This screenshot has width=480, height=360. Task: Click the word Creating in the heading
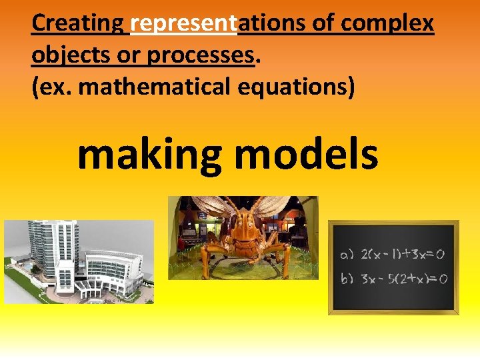(77, 23)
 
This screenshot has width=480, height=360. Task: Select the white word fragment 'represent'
(184, 23)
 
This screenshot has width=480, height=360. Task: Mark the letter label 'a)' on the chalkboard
(347, 255)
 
